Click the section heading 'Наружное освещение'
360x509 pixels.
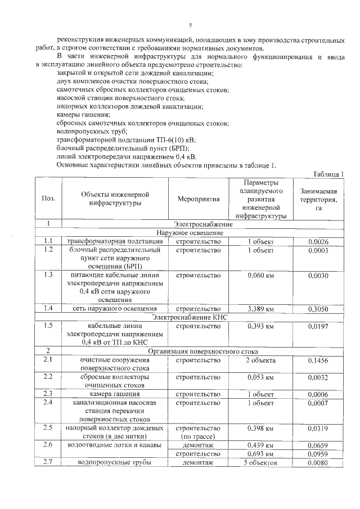click(190, 233)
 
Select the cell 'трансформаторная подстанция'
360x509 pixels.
click(115, 241)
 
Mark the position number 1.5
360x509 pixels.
click(48, 325)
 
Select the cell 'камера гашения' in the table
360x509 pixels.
click(115, 393)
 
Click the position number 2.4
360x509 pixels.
click(48, 402)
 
